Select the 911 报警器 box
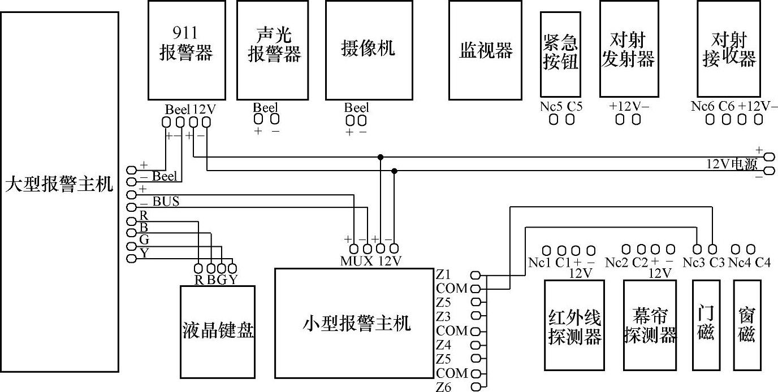(x=187, y=50)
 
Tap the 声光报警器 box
(x=275, y=50)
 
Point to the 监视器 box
(x=485, y=50)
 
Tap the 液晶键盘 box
(x=218, y=331)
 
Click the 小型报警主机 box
(x=354, y=323)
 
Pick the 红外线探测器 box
(x=574, y=325)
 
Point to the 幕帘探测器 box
(x=650, y=325)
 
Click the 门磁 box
(x=706, y=325)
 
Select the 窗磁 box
(x=746, y=325)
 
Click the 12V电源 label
(x=732, y=164)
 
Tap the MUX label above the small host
(x=356, y=262)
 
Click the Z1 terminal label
(x=443, y=275)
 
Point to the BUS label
(x=166, y=201)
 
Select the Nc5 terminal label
(x=552, y=106)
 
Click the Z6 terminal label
(x=444, y=387)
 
